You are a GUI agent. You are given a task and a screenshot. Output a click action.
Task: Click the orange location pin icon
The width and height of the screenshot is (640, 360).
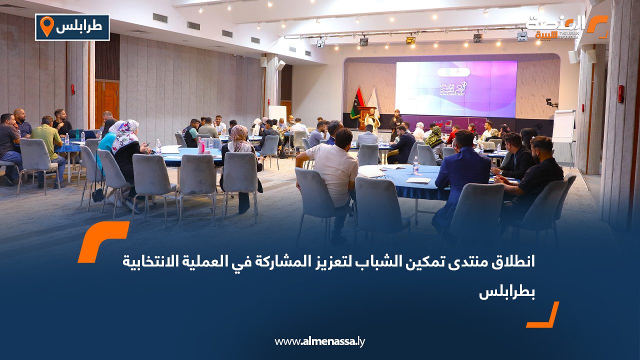coord(46,26)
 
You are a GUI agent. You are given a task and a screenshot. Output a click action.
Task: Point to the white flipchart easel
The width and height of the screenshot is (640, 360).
coord(563,126)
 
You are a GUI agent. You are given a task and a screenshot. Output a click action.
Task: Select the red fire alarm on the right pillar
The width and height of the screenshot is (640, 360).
coord(620,94)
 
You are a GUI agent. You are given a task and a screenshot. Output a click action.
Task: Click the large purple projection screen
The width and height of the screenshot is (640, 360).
coord(455,89)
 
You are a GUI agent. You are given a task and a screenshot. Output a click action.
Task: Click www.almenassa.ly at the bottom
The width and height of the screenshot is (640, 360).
coord(320,341)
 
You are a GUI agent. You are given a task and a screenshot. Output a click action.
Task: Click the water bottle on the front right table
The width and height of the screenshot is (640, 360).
coord(415,165)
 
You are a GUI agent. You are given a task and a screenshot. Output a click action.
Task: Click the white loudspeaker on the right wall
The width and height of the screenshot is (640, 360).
coord(573,56)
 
